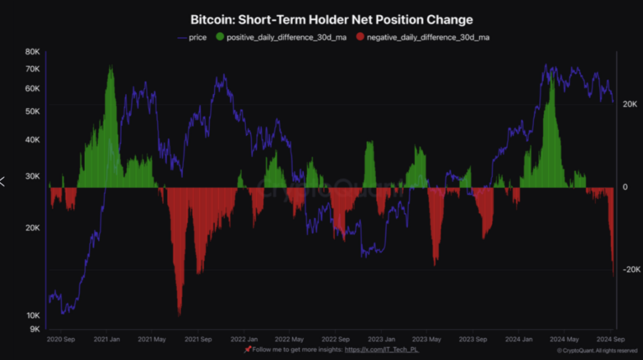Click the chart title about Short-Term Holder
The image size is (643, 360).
(331, 20)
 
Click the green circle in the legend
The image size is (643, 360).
(219, 38)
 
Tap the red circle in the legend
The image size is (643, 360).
(359, 38)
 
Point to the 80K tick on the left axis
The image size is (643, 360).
(32, 52)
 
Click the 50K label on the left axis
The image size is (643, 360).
(32, 111)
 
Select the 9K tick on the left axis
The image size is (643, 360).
(34, 329)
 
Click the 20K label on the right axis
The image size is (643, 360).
(630, 104)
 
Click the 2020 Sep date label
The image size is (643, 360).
(61, 339)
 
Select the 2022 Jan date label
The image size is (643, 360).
(244, 339)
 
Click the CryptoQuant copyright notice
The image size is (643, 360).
(597, 351)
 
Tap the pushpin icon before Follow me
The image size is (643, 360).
(248, 349)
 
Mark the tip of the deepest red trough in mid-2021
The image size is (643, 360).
(180, 315)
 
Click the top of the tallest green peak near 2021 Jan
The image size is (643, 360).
(111, 66)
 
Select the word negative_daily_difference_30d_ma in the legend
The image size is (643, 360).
(429, 38)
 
